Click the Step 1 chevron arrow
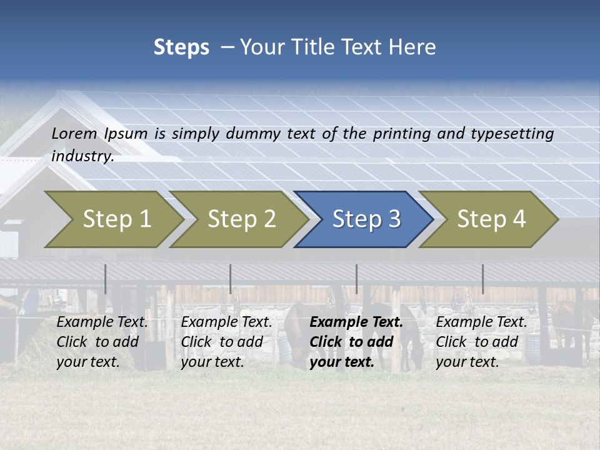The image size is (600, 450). (116, 219)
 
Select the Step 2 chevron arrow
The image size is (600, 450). (241, 219)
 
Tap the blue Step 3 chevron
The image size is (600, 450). (365, 219)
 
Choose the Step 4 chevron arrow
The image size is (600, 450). (490, 219)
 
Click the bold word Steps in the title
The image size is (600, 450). (181, 47)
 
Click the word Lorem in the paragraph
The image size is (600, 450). (74, 133)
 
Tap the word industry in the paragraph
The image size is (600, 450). (81, 156)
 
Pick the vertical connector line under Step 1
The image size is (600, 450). (106, 279)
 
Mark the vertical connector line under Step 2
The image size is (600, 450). (231, 279)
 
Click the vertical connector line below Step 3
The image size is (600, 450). (357, 279)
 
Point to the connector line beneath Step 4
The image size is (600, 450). (483, 279)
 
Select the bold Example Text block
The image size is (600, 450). (356, 342)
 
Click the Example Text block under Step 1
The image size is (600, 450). (102, 342)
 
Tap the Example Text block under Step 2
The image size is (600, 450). (226, 342)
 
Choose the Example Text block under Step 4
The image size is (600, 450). (481, 342)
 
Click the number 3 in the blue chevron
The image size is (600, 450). (393, 219)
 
